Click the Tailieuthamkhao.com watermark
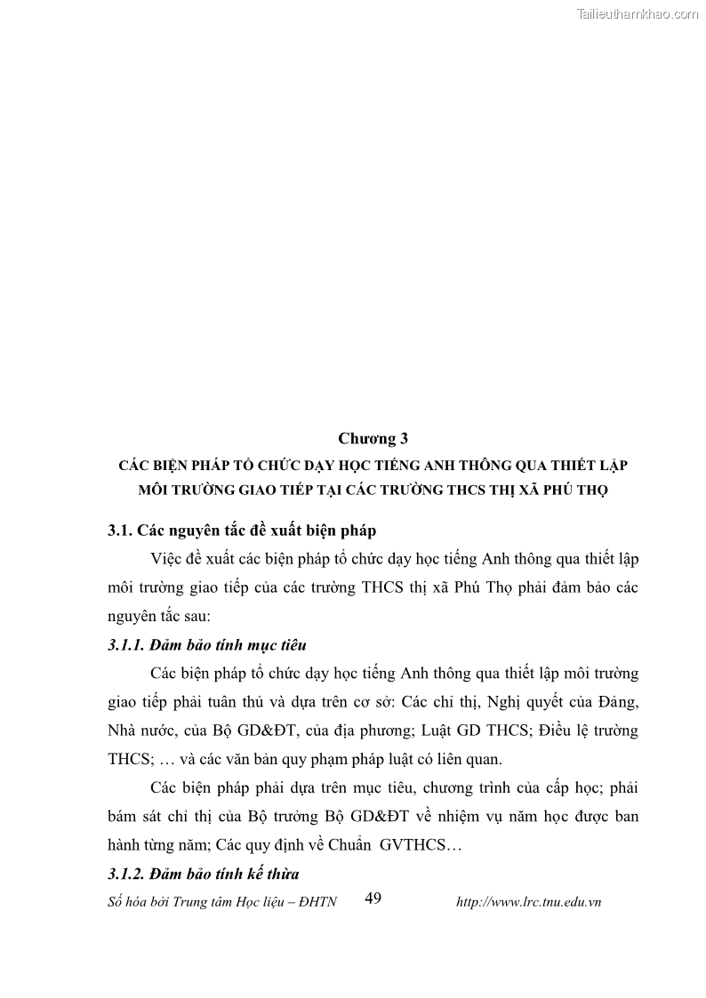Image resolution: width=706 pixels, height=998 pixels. (x=638, y=13)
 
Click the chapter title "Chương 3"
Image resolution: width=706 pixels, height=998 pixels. (x=372, y=438)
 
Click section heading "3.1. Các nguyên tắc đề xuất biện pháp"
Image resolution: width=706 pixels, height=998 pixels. (x=241, y=531)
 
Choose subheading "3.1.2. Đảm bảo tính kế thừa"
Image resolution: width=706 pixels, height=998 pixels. (x=204, y=874)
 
